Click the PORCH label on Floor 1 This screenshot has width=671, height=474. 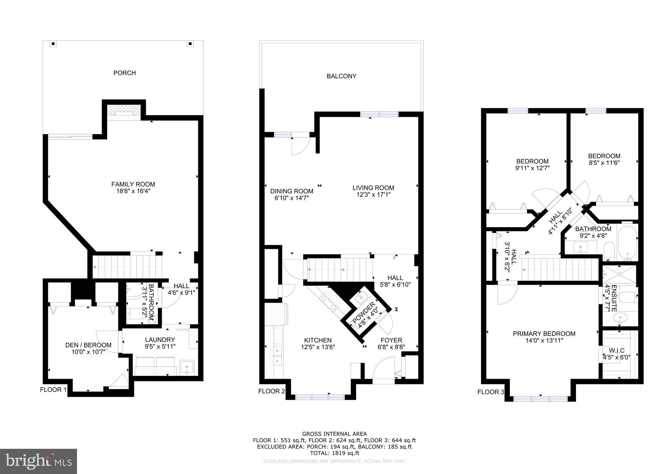tap(125, 73)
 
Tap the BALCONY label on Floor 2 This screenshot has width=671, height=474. tap(341, 76)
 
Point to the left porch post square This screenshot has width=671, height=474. tap(53, 44)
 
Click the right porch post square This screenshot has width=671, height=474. tap(190, 44)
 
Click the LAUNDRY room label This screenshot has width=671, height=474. tap(160, 340)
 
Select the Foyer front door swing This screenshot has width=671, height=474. tap(383, 367)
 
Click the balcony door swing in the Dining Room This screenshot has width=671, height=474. tap(300, 146)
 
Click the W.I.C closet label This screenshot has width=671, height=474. tap(617, 351)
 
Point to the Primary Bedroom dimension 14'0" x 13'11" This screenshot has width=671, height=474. tap(544, 340)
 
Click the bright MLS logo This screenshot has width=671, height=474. tap(38, 461)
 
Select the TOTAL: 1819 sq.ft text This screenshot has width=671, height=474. tap(335, 453)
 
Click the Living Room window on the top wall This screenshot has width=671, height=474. tap(379, 114)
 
